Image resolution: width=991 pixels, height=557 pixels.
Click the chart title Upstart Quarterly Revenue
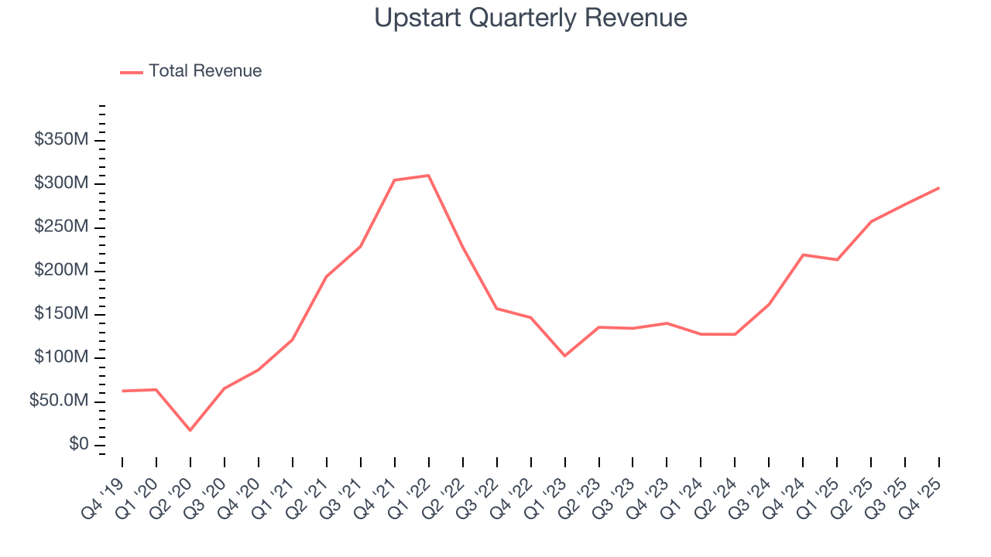530,18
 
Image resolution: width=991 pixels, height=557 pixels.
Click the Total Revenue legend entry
205,71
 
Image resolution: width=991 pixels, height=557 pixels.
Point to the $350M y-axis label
60,140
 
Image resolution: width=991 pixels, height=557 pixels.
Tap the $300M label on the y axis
60,183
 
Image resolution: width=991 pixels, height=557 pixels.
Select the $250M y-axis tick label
60,227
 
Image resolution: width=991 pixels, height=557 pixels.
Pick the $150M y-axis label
60,314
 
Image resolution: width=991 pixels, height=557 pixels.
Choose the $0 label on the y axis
77,445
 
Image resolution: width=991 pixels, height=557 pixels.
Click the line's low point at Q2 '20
190,430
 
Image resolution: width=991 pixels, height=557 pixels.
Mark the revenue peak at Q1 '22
429,176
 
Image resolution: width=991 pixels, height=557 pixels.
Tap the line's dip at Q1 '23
565,356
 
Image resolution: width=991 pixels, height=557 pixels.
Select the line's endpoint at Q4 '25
939,188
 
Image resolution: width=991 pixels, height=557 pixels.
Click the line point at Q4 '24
804,255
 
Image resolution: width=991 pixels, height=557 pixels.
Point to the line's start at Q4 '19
122,391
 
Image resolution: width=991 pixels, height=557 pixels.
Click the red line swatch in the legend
132,72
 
